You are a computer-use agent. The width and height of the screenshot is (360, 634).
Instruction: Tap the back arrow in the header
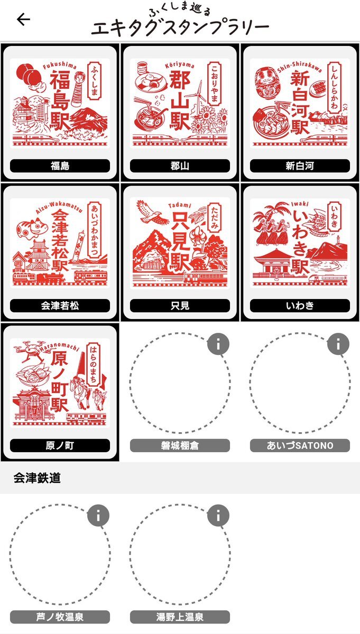(23, 20)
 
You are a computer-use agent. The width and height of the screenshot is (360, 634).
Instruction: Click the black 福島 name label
(60, 165)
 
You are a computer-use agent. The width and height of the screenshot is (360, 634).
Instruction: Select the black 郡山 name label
(180, 165)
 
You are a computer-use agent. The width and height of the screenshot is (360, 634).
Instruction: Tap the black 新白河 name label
(300, 165)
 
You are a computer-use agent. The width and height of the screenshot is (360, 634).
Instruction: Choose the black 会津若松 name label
(60, 305)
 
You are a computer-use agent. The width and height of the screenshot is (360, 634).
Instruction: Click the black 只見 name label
(180, 305)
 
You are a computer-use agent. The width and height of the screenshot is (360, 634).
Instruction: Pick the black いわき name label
(300, 305)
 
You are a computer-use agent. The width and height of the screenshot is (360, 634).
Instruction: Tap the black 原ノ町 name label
(60, 445)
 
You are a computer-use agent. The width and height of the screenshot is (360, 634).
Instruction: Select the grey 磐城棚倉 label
(180, 445)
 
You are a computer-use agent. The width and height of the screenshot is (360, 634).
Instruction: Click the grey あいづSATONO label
(300, 445)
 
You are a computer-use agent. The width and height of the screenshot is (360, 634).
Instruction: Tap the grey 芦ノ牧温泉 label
(60, 617)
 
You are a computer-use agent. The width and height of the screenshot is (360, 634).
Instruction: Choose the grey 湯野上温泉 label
(180, 617)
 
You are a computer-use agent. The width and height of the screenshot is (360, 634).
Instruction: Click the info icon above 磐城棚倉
(218, 344)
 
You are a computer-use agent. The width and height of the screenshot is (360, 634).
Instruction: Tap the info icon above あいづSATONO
(338, 344)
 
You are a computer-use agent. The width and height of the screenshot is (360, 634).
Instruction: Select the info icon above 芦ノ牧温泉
(98, 516)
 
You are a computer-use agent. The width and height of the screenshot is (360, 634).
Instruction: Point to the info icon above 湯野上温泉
(218, 516)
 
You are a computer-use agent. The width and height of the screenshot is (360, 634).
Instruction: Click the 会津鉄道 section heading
(37, 478)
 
